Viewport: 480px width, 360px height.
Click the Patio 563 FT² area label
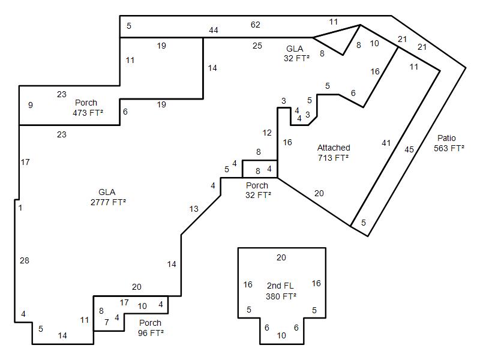click(x=449, y=143)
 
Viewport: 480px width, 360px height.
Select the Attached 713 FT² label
click(x=334, y=153)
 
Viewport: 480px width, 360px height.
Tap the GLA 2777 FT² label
click(x=108, y=197)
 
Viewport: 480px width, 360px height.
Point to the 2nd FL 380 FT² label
click(x=281, y=291)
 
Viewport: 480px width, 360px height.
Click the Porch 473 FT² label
click(x=88, y=108)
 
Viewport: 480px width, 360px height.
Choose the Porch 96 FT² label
click(x=151, y=328)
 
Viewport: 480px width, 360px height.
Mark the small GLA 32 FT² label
click(x=296, y=53)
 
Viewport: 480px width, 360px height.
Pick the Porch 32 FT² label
click(x=258, y=190)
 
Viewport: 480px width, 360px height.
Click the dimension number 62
click(x=256, y=25)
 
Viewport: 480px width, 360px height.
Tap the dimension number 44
click(x=214, y=30)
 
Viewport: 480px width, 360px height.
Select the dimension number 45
click(x=409, y=149)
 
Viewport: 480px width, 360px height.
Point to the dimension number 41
click(x=386, y=143)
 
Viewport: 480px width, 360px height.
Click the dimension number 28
click(x=25, y=260)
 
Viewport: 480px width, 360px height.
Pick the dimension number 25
click(x=257, y=46)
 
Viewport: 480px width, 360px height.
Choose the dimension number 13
click(x=194, y=209)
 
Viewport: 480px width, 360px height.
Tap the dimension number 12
click(x=267, y=133)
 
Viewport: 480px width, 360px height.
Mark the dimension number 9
click(x=31, y=105)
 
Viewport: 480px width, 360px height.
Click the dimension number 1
click(x=20, y=208)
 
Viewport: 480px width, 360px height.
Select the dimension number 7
click(x=107, y=322)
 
